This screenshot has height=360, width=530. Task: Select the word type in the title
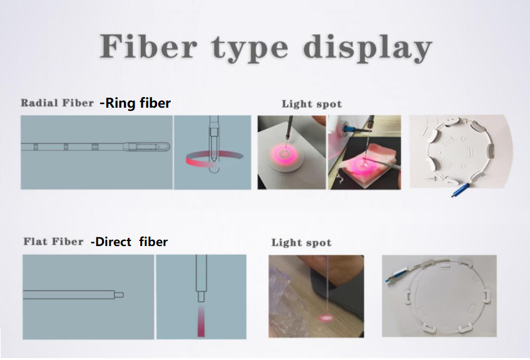(250, 49)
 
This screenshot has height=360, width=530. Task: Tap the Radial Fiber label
(57, 103)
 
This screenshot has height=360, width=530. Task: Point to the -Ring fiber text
(135, 103)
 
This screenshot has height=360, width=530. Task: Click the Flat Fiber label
(53, 242)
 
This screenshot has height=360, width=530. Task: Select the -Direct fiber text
(129, 242)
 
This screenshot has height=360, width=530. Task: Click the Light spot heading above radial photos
(312, 104)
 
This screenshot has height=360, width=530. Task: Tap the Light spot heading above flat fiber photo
(301, 242)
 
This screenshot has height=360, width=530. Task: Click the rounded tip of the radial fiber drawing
(167, 147)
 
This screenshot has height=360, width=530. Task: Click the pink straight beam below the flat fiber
(201, 321)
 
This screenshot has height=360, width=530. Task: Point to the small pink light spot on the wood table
(326, 317)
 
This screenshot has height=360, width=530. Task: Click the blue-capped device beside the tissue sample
(350, 130)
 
